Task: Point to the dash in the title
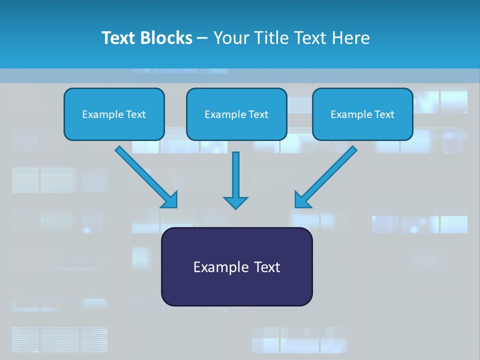tap(202, 38)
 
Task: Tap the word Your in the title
tap(230, 38)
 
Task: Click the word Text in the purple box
tap(267, 267)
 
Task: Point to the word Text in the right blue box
tap(384, 114)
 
